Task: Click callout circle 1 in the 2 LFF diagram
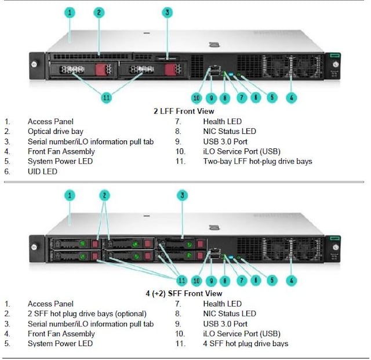[x=70, y=12]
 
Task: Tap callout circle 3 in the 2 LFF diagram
[x=168, y=12]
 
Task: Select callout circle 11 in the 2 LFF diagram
[x=106, y=97]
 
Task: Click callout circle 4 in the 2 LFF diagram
[x=292, y=97]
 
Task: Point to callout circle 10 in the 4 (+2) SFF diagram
[x=196, y=281]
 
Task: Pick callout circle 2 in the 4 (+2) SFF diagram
[x=104, y=195]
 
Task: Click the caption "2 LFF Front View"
[x=183, y=111]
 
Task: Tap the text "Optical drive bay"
[x=55, y=132]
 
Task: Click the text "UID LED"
[x=42, y=172]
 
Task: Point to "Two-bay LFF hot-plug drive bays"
[x=257, y=161]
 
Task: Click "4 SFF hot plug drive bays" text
[x=245, y=344]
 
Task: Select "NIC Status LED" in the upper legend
[x=229, y=132]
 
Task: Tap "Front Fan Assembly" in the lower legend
[x=61, y=334]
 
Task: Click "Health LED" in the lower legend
[x=222, y=304]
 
